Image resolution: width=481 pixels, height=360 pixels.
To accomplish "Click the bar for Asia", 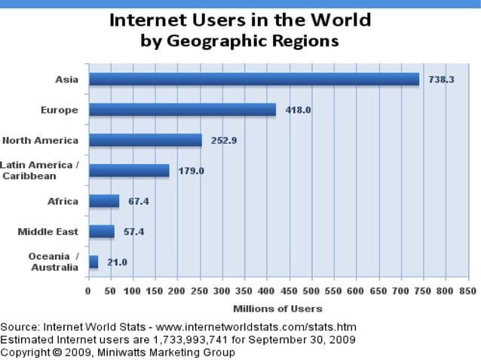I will pyautogui.click(x=253, y=79).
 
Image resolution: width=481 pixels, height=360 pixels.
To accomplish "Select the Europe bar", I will pyautogui.click(x=182, y=110).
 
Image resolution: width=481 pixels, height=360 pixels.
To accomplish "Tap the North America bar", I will pyautogui.click(x=145, y=140).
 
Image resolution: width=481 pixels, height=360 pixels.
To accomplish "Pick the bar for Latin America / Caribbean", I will pyautogui.click(x=129, y=170).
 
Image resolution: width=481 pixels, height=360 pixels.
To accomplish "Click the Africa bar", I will pyautogui.click(x=104, y=201).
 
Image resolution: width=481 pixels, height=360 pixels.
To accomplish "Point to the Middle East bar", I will pyautogui.click(x=102, y=231).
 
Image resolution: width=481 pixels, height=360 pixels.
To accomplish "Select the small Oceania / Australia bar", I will pyautogui.click(x=93, y=262).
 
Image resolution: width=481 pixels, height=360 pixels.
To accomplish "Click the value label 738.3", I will pyautogui.click(x=441, y=79).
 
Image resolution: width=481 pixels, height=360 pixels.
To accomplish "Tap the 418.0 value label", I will pyautogui.click(x=299, y=110).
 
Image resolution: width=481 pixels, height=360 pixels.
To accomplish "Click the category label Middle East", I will pyautogui.click(x=47, y=231).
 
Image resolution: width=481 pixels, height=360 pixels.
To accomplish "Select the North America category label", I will pyautogui.click(x=40, y=140).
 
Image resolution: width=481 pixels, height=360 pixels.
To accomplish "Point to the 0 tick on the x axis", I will pyautogui.click(x=88, y=291).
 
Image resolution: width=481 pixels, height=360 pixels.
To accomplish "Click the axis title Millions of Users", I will pyautogui.click(x=277, y=308).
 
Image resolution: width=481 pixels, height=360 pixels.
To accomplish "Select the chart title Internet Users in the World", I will pyautogui.click(x=240, y=20).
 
